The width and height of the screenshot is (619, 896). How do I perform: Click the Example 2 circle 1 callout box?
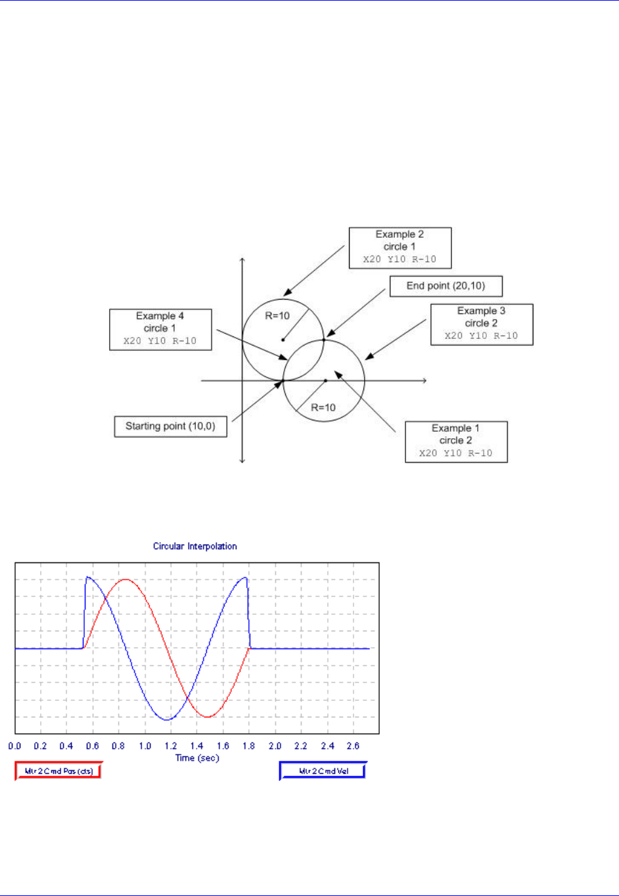(x=400, y=248)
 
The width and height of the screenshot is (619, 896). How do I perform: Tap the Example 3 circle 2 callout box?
(x=481, y=324)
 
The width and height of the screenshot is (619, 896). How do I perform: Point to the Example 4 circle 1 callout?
(x=160, y=329)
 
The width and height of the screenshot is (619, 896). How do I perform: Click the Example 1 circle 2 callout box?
(x=456, y=441)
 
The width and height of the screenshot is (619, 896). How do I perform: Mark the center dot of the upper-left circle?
(x=283, y=340)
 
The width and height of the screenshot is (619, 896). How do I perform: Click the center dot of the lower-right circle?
(x=325, y=380)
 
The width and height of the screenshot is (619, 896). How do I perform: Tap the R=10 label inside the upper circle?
(x=277, y=316)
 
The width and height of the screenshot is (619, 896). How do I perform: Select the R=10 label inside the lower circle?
(x=323, y=407)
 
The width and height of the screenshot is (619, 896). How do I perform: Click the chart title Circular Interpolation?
(x=195, y=546)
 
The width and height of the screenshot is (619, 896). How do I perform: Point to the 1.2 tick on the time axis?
(x=171, y=746)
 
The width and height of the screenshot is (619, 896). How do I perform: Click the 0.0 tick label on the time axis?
(x=14, y=746)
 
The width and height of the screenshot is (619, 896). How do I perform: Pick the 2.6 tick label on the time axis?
(x=353, y=746)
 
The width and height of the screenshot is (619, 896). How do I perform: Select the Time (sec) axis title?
(x=197, y=758)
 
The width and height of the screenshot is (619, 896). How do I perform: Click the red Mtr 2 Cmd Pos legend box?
(x=58, y=771)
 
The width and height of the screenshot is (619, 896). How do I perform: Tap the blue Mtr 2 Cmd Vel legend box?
(x=323, y=771)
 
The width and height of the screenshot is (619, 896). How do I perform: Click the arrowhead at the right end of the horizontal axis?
(x=425, y=380)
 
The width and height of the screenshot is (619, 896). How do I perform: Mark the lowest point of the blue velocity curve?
(x=168, y=720)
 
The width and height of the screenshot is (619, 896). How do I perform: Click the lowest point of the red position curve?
(x=207, y=717)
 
